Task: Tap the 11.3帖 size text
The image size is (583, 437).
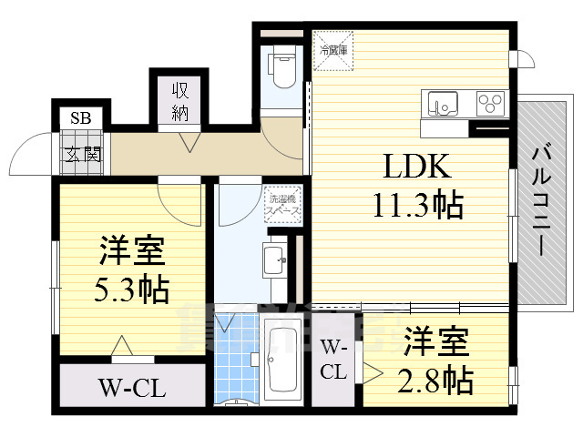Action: [x=417, y=205]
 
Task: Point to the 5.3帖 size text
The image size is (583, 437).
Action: [x=132, y=289]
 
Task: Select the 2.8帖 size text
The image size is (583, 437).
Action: [x=435, y=378]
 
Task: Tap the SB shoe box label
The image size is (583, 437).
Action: [x=80, y=119]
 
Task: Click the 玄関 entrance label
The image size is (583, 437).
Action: [x=80, y=153]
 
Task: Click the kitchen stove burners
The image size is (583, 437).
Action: [x=490, y=104]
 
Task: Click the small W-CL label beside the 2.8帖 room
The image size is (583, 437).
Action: [x=333, y=360]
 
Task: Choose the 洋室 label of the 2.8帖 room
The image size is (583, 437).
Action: [x=435, y=344]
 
